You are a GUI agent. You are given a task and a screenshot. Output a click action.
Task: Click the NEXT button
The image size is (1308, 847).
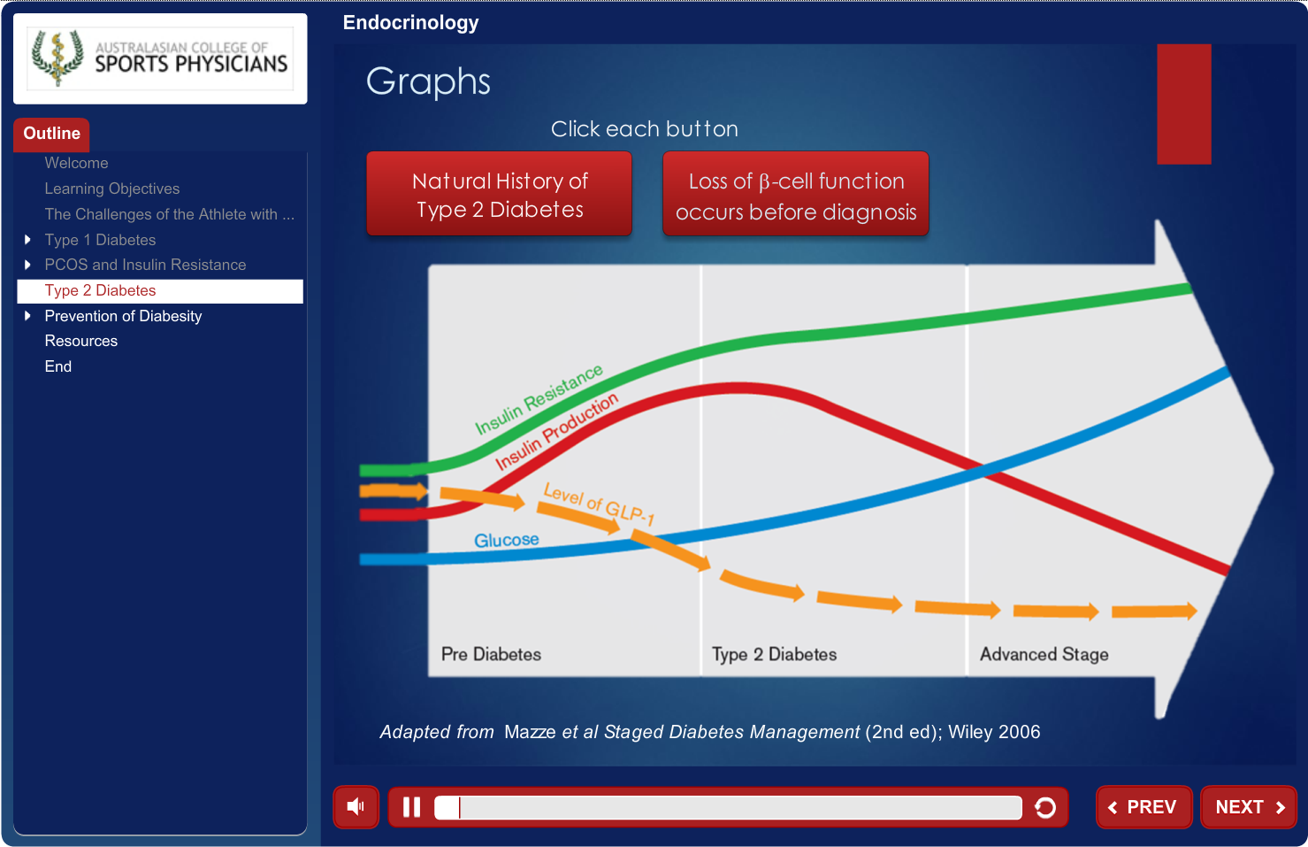pyautogui.click(x=1249, y=807)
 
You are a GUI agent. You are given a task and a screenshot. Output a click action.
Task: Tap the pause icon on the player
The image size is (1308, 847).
pyautogui.click(x=411, y=807)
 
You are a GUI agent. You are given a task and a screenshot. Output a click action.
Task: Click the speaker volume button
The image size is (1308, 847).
pyautogui.click(x=356, y=807)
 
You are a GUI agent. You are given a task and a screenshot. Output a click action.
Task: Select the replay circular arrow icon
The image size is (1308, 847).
pyautogui.click(x=1045, y=807)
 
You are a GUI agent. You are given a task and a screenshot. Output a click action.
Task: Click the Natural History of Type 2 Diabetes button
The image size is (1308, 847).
pyautogui.click(x=500, y=194)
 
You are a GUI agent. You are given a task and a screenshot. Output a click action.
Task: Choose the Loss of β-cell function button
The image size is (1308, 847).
pyautogui.click(x=796, y=194)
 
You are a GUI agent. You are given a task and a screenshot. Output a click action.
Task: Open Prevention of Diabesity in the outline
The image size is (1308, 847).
pyautogui.click(x=123, y=316)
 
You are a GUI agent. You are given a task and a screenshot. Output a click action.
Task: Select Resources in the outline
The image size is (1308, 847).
pyautogui.click(x=81, y=341)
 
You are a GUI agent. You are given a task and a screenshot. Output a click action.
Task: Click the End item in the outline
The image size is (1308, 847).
pyautogui.click(x=58, y=366)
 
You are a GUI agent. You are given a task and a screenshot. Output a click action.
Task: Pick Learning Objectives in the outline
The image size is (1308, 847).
pyautogui.click(x=112, y=189)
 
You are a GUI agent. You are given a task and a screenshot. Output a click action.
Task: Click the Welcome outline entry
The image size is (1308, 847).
pyautogui.click(x=76, y=163)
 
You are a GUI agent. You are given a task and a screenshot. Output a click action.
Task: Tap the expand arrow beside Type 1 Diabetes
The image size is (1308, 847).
pyautogui.click(x=27, y=240)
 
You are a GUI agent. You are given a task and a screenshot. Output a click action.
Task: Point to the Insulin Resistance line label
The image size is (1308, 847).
pyautogui.click(x=539, y=398)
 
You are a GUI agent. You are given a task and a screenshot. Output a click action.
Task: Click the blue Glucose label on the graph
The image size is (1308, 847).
pyautogui.click(x=506, y=540)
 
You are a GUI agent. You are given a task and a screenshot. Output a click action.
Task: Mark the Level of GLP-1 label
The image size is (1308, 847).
pyautogui.click(x=599, y=504)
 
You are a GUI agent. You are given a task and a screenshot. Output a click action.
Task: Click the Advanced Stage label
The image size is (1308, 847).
pyautogui.click(x=1044, y=654)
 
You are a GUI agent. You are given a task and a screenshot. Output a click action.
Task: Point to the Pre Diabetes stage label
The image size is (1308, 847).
pyautogui.click(x=491, y=654)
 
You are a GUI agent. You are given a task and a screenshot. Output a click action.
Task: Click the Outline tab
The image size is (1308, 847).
pyautogui.click(x=51, y=134)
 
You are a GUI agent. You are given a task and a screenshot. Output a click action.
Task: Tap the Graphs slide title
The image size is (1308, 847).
pyautogui.click(x=428, y=81)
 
